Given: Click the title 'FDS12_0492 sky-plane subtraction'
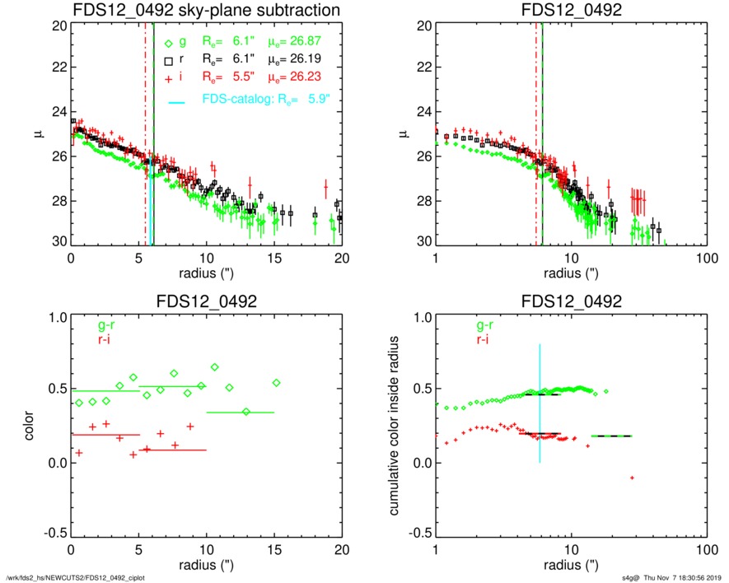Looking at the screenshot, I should (x=206, y=11).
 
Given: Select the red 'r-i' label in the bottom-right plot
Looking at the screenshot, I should (x=458, y=338).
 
